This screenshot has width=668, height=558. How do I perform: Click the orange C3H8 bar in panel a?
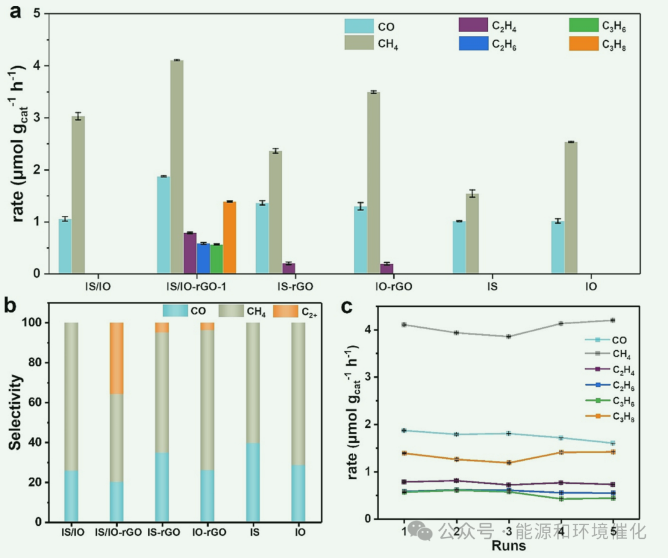(229, 238)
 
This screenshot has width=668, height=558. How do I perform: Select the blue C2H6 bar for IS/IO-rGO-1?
(203, 259)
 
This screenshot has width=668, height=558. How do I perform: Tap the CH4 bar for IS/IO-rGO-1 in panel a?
(177, 167)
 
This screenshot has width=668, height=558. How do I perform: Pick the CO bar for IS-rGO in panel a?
(262, 238)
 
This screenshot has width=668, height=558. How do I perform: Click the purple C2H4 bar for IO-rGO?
(387, 268)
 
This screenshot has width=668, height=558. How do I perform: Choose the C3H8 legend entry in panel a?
(612, 45)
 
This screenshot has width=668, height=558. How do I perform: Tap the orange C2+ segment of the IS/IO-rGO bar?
(116, 358)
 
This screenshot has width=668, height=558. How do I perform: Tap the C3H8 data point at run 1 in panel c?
(405, 453)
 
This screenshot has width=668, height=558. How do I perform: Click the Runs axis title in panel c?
(509, 546)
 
